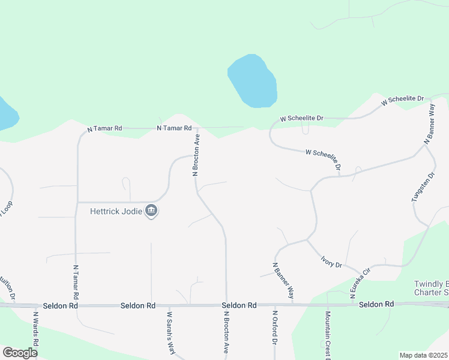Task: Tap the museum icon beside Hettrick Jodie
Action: coord(151,211)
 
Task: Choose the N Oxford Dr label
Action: coord(274,327)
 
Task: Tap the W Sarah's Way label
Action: coord(170,332)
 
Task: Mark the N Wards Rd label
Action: coord(36,329)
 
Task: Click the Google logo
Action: coord(20,353)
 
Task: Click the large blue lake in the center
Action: coord(253,80)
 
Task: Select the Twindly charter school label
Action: coord(431,288)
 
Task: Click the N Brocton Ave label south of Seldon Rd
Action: coord(226,331)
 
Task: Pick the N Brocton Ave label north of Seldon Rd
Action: coord(196,154)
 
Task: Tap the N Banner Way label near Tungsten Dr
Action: coord(429,124)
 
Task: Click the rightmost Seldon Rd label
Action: coord(376,305)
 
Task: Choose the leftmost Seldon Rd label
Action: coord(61,305)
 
